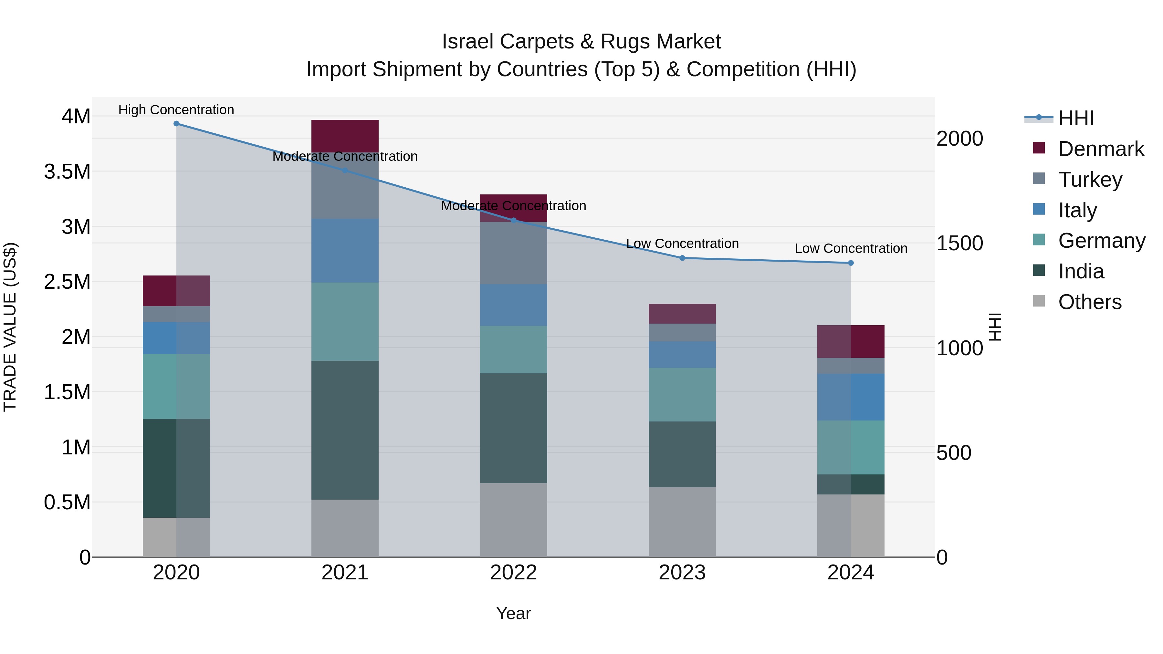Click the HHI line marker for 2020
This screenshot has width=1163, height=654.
tap(176, 124)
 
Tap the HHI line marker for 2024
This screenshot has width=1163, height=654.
tap(851, 263)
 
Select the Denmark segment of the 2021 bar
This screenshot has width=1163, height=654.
tap(345, 136)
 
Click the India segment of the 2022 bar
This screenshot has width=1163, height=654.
tap(513, 428)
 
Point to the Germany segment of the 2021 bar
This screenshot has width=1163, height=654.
tap(345, 321)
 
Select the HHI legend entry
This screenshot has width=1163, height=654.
tap(1075, 118)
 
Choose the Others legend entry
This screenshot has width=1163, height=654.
tap(1089, 302)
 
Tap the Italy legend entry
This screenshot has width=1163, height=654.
tap(1077, 210)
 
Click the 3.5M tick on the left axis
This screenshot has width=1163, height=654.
tap(67, 172)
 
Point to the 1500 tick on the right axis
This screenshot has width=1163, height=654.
tap(959, 243)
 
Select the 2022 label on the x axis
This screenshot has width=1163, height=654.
tap(513, 573)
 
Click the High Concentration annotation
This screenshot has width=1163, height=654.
tap(176, 110)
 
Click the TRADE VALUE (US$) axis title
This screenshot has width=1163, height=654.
tap(10, 327)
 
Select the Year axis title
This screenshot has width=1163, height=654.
tap(513, 613)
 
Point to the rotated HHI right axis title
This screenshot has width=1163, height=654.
tap(995, 327)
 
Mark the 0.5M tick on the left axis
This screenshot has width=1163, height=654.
tap(67, 502)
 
